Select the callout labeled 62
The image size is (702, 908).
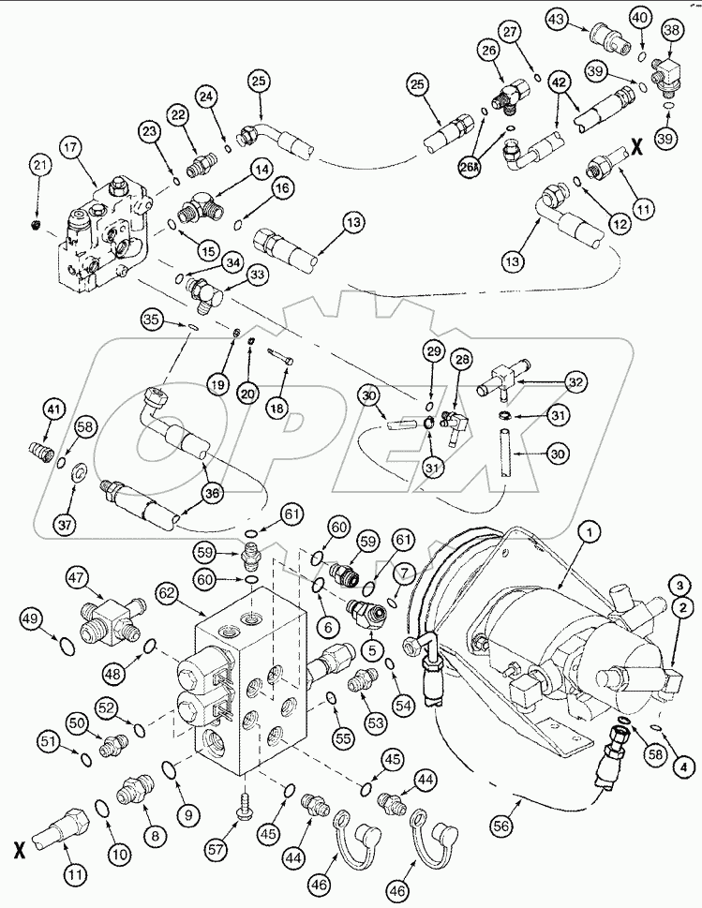pos(167,594)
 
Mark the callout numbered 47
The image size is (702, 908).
pos(76,577)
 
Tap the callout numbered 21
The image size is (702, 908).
pos(37,165)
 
